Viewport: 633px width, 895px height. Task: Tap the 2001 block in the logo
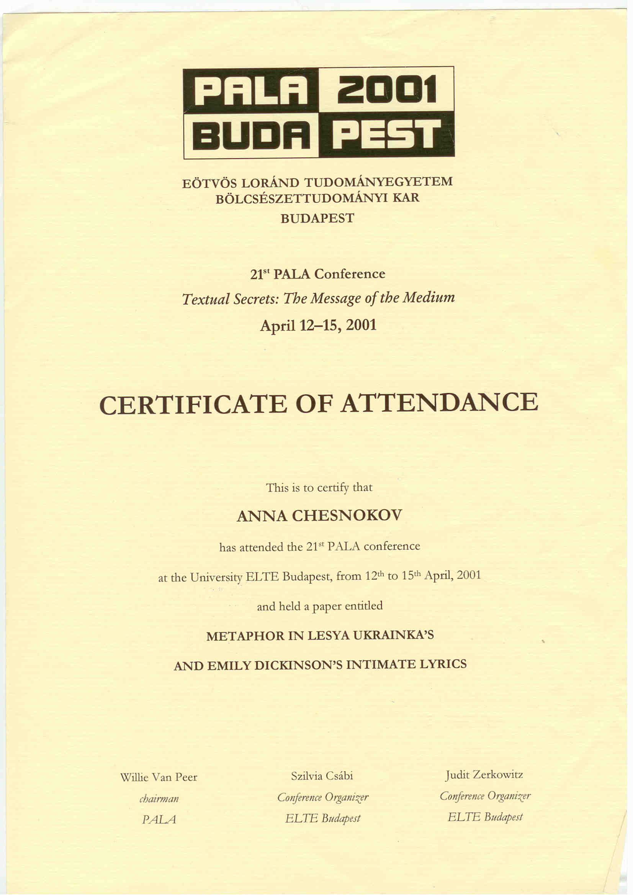tap(386, 90)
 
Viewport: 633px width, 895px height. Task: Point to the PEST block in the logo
tap(386, 135)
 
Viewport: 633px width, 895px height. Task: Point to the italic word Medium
tap(429, 298)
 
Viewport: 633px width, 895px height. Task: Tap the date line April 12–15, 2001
tap(318, 325)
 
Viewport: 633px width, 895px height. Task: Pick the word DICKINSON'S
tap(298, 665)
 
